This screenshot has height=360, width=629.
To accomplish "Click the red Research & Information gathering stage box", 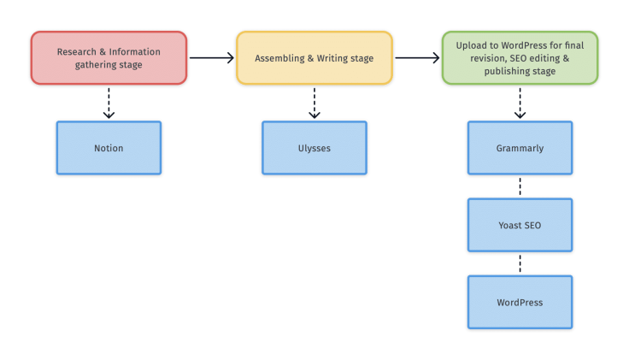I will (109, 58).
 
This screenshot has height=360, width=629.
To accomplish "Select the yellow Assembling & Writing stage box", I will (314, 58).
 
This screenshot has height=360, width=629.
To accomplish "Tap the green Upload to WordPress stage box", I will (520, 58).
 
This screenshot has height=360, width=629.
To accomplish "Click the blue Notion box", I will (109, 148).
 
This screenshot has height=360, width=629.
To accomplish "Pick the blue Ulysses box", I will (314, 148).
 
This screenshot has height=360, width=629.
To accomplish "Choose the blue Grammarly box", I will (520, 148).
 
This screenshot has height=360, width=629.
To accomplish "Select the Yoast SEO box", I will (520, 225).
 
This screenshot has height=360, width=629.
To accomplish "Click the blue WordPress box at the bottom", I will (520, 302).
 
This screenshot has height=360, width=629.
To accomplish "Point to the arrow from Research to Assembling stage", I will (211, 58).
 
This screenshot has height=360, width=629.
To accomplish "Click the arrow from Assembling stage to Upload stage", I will (417, 58).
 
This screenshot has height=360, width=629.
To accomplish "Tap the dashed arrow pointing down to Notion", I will (109, 102).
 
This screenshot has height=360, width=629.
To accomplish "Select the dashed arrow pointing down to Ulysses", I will (314, 102).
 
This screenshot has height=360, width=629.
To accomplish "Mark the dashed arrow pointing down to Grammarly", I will (520, 102).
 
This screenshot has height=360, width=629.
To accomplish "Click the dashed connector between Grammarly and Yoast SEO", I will (520, 186).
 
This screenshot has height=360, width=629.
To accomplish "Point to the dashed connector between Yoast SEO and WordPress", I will (520, 263).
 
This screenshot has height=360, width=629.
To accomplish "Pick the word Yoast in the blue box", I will (510, 225).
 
